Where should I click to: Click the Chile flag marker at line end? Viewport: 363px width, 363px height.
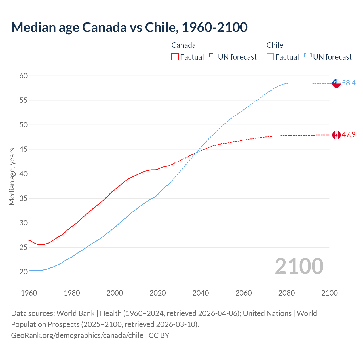coord(336,83)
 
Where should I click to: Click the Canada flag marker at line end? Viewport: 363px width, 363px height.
coord(336,135)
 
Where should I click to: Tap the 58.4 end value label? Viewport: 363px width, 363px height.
coord(349,83)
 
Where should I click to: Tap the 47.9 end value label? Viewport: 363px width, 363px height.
coord(349,134)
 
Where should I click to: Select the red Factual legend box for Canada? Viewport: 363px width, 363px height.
coord(175,57)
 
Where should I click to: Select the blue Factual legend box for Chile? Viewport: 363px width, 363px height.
coord(270,57)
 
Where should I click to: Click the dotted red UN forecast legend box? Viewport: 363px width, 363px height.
coord(213,57)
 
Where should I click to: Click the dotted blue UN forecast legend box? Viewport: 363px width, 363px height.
coord(308,57)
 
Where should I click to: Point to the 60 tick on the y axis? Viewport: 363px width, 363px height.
coord(24,76)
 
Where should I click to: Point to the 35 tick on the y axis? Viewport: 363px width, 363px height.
coord(24,198)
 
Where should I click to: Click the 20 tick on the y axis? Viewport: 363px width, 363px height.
coord(24,272)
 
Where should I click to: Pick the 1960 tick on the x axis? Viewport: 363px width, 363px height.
coord(29,293)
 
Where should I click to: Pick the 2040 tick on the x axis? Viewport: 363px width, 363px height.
coord(201,293)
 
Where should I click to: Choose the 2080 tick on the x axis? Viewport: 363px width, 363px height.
coord(286,293)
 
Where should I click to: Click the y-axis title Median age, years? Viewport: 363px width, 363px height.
coord(12,176)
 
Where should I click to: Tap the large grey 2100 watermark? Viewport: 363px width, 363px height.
coord(299,266)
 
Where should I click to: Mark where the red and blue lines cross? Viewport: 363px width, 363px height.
coord(197,152)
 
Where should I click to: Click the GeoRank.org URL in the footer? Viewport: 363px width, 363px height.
coord(77,335)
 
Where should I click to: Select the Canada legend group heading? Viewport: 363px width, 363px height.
coord(183,45)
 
